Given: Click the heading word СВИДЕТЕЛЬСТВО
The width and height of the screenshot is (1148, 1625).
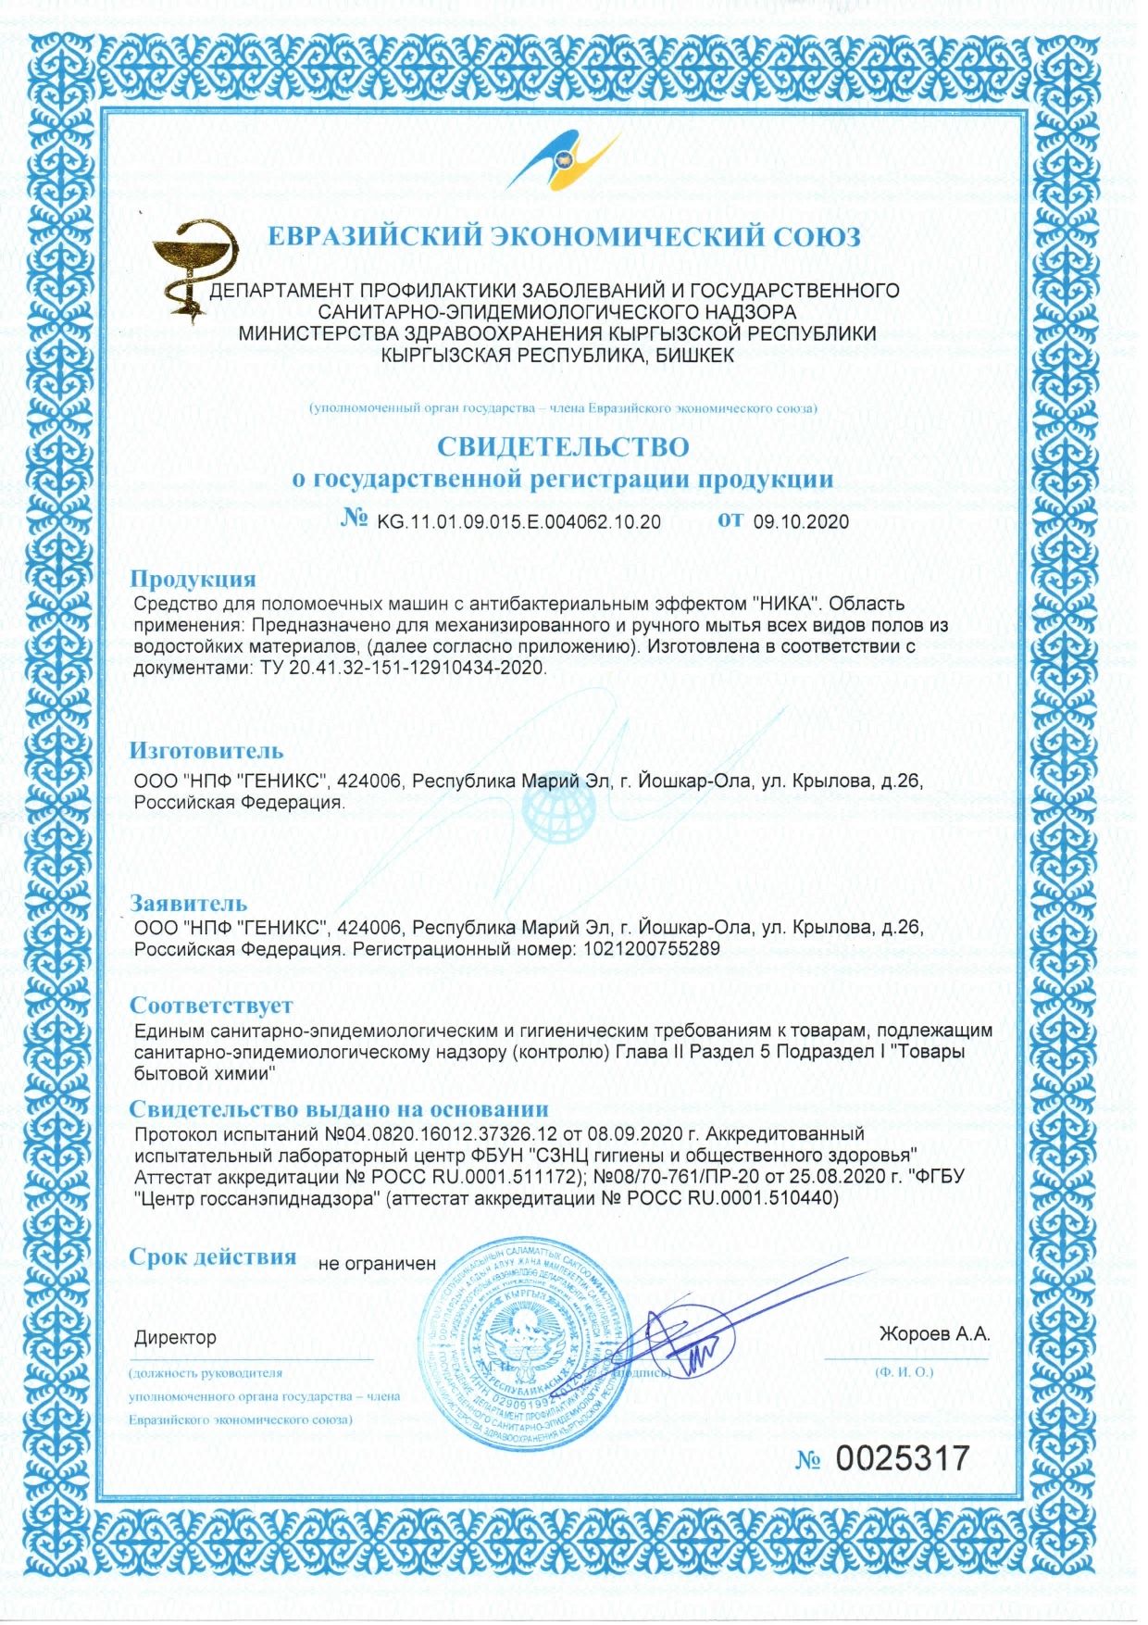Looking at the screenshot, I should tap(563, 446).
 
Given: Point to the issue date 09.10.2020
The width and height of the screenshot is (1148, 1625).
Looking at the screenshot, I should tap(801, 521).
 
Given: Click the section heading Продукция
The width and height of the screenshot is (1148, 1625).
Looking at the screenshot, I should tap(193, 579).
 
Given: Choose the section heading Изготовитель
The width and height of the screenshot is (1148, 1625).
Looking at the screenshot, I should tap(206, 750).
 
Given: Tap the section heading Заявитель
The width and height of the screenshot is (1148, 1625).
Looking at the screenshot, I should tap(189, 902).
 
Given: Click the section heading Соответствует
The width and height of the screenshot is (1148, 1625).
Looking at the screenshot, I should tap(211, 1005).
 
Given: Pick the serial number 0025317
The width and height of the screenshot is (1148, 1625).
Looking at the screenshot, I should tap(903, 1458).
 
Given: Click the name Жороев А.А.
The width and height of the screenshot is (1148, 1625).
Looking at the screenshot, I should tap(934, 1334).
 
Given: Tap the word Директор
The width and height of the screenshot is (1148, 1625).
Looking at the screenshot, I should tap(175, 1337).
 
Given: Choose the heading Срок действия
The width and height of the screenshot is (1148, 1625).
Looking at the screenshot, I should tap(213, 1256).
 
